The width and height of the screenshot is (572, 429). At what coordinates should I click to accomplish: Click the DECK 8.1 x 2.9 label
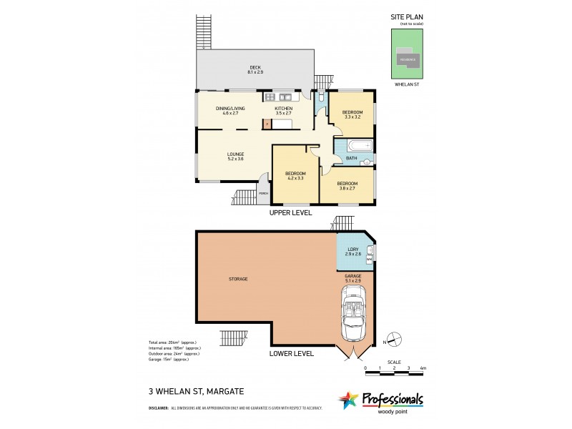tap(256, 70)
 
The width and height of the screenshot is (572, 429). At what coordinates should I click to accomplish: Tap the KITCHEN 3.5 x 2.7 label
tap(284, 110)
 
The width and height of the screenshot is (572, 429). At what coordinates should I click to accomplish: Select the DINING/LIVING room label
tap(230, 110)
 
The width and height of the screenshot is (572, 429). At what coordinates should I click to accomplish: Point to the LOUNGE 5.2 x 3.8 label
tap(236, 156)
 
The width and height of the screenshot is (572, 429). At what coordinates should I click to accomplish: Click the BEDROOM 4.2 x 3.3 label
tap(295, 176)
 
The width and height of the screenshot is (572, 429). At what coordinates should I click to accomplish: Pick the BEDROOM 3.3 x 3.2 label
tap(351, 115)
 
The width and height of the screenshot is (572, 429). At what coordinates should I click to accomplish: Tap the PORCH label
tap(263, 194)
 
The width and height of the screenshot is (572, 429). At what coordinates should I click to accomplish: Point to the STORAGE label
tap(239, 279)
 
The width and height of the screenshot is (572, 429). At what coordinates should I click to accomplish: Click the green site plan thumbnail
tap(408, 54)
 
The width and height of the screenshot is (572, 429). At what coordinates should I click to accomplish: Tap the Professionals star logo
tap(348, 400)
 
